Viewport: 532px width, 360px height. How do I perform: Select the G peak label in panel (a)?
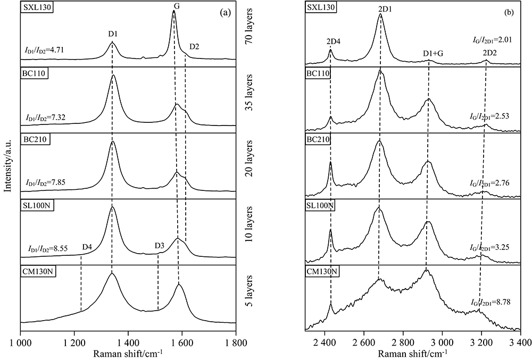(176, 5)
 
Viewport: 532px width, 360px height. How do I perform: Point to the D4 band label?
(88, 247)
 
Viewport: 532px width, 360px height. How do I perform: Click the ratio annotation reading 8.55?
(51, 249)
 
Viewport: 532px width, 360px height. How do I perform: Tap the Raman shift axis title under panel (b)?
(412, 352)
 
